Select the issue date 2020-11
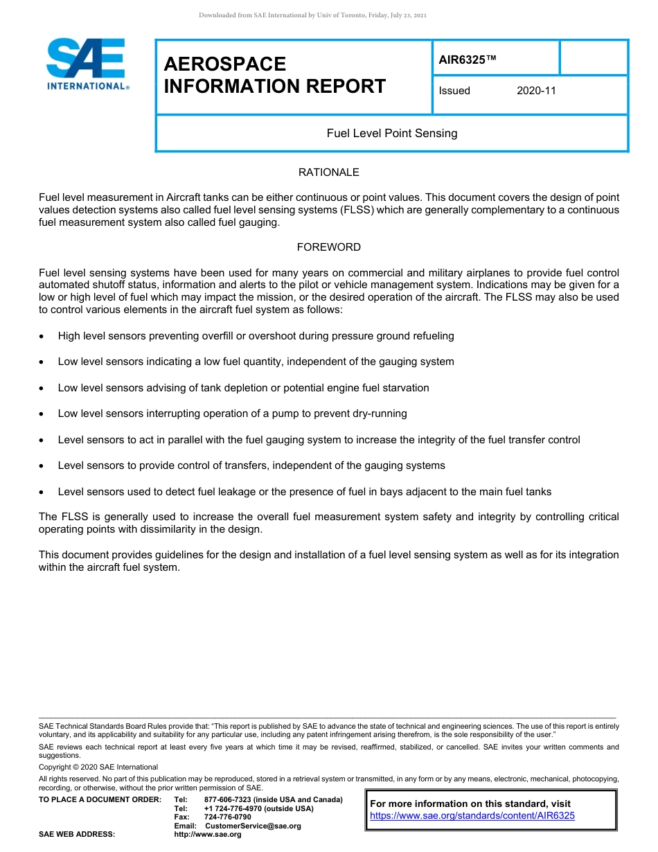[536, 91]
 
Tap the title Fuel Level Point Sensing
[392, 133]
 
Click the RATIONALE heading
[328, 172]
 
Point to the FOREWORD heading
[328, 247]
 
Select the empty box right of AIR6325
[593, 57]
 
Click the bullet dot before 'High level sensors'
[43, 337]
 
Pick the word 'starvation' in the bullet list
[404, 388]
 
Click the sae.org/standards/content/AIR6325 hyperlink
[472, 816]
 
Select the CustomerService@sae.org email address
[253, 826]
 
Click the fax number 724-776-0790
[227, 817]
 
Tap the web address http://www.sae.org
[207, 835]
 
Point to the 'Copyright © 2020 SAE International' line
[98, 767]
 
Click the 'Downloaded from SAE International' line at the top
[312, 15]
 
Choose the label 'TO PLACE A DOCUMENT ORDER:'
[100, 800]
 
